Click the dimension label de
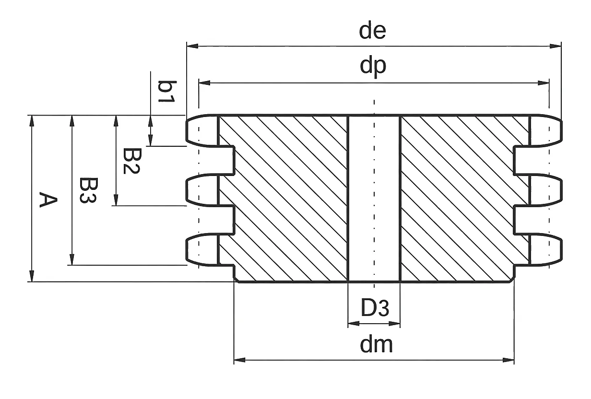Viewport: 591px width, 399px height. (x=372, y=31)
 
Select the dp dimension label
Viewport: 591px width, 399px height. (x=373, y=66)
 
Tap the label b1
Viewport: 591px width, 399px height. (x=167, y=92)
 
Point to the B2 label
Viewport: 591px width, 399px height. (x=132, y=161)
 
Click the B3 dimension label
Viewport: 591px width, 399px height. (x=89, y=190)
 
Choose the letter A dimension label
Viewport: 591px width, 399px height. (x=48, y=199)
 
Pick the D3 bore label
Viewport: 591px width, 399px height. (x=375, y=307)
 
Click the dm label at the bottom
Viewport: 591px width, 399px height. (x=376, y=345)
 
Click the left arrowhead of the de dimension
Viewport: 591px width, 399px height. (x=192, y=46)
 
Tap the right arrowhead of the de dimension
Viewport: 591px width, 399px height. (x=556, y=46)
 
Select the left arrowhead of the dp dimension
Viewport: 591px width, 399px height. (x=204, y=83)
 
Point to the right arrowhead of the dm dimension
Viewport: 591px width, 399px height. (x=508, y=360)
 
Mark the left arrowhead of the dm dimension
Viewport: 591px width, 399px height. (x=240, y=360)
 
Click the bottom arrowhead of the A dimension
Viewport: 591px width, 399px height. (x=32, y=276)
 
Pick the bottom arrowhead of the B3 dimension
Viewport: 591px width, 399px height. (x=72, y=259)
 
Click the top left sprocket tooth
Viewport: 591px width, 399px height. (x=202, y=130)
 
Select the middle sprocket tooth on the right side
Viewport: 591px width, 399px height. (x=545, y=190)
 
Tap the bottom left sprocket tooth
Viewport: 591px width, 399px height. (x=202, y=249)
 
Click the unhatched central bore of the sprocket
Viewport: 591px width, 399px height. (x=374, y=199)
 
